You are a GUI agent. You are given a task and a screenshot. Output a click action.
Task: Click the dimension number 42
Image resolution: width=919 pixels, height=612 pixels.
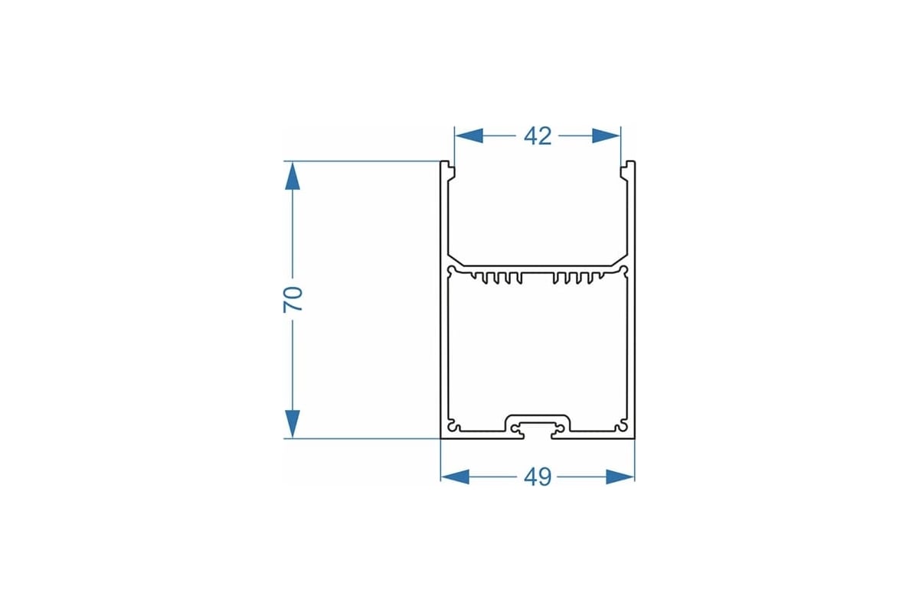(x=538, y=136)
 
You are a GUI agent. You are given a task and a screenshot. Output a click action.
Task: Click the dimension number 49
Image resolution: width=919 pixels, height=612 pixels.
(x=538, y=477)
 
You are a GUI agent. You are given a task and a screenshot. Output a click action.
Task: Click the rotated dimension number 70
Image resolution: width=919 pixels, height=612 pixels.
(x=293, y=300)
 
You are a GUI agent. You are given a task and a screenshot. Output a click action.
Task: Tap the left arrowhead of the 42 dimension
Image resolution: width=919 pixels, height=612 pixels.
(x=469, y=135)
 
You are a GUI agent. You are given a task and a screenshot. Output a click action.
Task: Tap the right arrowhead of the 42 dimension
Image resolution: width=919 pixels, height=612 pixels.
(x=606, y=135)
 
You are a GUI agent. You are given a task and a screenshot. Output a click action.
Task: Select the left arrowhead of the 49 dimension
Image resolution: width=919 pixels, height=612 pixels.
(x=455, y=477)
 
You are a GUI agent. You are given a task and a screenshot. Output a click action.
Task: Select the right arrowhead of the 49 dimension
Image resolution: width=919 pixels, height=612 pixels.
(x=620, y=477)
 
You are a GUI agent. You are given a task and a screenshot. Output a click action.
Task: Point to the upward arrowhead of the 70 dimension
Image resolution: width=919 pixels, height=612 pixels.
(x=293, y=176)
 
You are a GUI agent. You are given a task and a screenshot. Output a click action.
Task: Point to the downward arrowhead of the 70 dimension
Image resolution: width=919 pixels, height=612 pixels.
(x=293, y=424)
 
